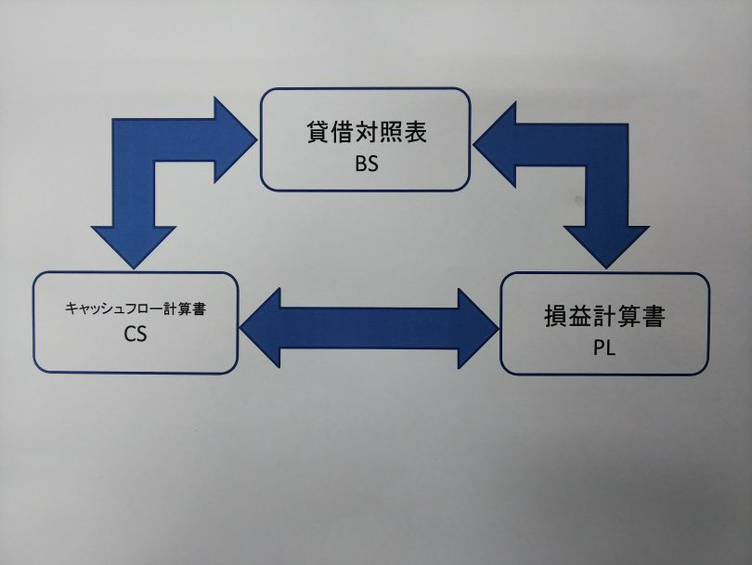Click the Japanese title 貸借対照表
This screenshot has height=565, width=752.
pos(366,132)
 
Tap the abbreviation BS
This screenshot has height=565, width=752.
pos(366,163)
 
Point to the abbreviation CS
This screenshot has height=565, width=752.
pos(136,335)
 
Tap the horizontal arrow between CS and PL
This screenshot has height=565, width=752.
pos(369,327)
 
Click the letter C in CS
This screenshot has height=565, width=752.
pos(129,335)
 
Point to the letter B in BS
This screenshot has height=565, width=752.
pos(359,163)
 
